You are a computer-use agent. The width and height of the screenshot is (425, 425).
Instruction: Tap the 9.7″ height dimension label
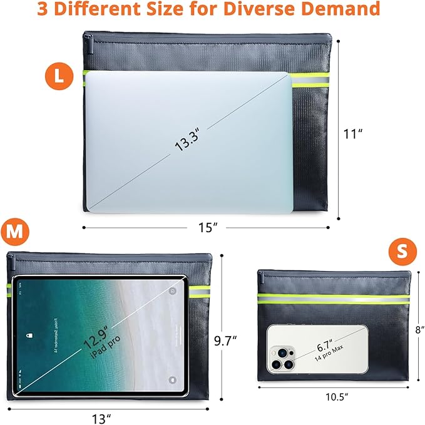tap(225, 341)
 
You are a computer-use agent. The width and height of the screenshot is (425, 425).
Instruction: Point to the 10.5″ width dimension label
tap(336, 396)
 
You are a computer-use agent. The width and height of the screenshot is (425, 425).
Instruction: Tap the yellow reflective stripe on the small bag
tap(334, 299)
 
